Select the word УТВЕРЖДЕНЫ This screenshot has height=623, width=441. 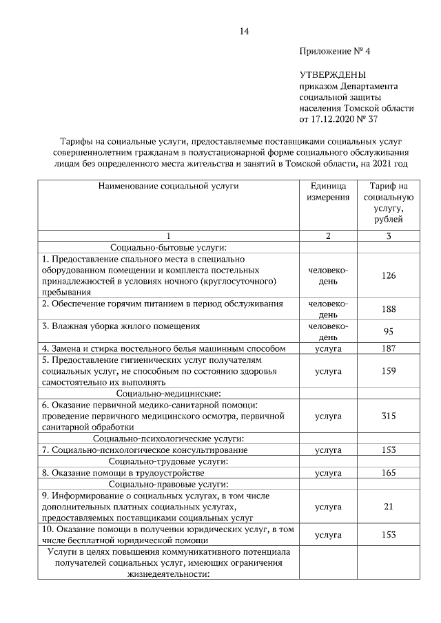(x=333, y=74)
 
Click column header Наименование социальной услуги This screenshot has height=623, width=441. (x=167, y=186)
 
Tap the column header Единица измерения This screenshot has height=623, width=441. (x=328, y=192)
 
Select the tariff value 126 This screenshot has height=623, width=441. (x=389, y=275)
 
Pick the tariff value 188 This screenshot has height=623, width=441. (x=389, y=309)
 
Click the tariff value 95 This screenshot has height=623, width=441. (x=389, y=331)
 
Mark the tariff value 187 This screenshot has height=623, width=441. (x=389, y=348)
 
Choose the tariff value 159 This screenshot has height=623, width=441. (x=389, y=371)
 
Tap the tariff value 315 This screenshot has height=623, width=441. (x=389, y=416)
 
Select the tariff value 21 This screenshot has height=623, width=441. (x=389, y=507)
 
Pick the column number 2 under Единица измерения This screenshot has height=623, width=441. (x=328, y=236)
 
